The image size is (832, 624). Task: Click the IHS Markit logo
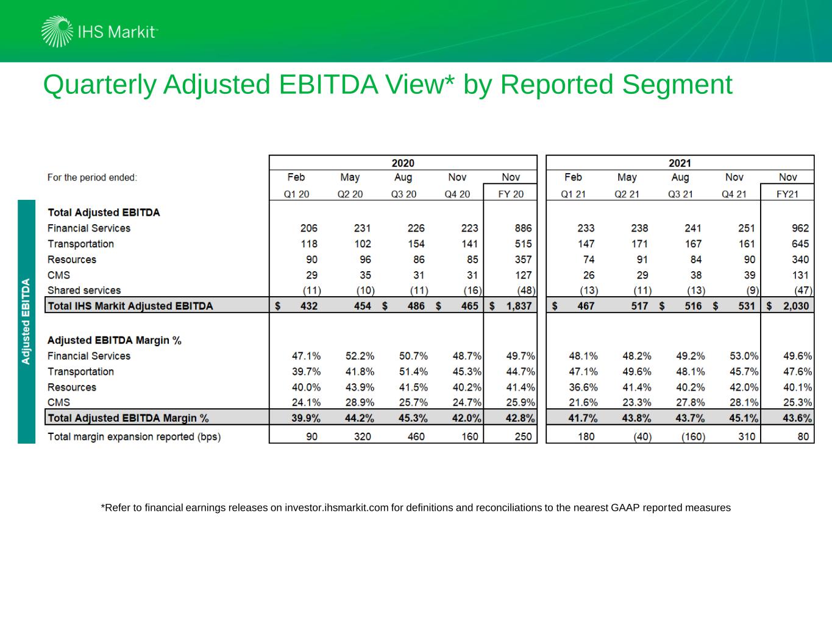tap(99, 32)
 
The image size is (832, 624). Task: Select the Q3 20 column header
tap(404, 194)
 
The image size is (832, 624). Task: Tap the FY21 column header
tap(788, 194)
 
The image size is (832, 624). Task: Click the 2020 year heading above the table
tap(403, 163)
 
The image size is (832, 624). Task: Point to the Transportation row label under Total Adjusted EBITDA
tap(80, 244)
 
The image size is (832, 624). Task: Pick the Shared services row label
tap(84, 290)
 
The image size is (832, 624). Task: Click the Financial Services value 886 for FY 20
tap(523, 229)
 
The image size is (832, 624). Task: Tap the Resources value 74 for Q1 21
tap(588, 260)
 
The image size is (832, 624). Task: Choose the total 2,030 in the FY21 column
tap(795, 306)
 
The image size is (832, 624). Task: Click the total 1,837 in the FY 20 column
tap(518, 306)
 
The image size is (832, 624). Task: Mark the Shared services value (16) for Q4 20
tap(472, 291)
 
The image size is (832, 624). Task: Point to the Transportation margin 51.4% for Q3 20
tap(413, 372)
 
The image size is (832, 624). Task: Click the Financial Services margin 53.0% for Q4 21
tap(744, 356)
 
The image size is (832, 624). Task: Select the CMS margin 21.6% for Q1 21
tap(583, 403)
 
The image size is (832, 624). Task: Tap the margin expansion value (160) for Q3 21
tap(693, 437)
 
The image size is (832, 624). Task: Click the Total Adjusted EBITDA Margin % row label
tap(128, 418)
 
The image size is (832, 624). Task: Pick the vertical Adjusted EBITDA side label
tap(26, 321)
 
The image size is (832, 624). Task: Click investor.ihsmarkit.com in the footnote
tap(336, 508)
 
